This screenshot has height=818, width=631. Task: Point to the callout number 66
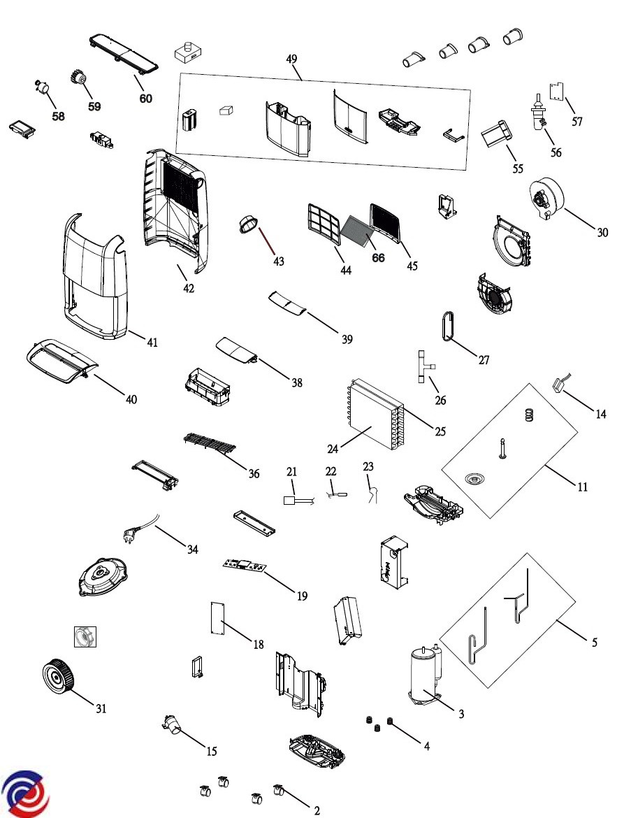pyautogui.click(x=378, y=258)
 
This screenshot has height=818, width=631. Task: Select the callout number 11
pyautogui.click(x=581, y=487)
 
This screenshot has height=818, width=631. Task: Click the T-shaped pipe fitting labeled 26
pyautogui.click(x=423, y=366)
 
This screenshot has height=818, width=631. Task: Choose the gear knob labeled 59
pyautogui.click(x=78, y=80)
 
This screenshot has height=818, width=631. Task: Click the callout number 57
pyautogui.click(x=576, y=122)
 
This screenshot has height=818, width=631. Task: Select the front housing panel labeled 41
pyautogui.click(x=96, y=276)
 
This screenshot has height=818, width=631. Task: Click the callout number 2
pyautogui.click(x=317, y=810)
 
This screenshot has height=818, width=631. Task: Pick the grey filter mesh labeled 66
pyautogui.click(x=358, y=231)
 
